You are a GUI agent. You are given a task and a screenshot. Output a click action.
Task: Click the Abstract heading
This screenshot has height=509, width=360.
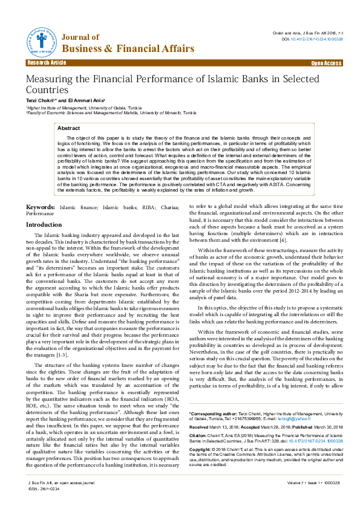pos(68,128)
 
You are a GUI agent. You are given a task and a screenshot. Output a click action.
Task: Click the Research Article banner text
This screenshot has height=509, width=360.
pos(46,63)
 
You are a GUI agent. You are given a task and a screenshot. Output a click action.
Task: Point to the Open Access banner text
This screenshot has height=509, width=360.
pos(326,63)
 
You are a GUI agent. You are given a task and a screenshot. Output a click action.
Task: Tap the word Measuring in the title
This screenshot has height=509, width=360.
pos(50,79)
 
